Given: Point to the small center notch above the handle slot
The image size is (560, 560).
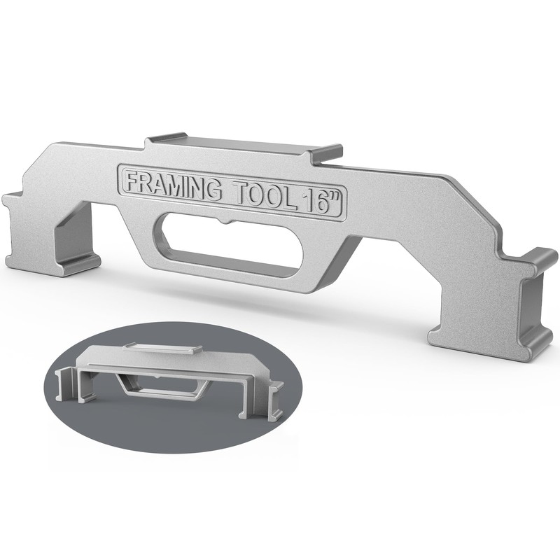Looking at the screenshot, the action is (x=225, y=223).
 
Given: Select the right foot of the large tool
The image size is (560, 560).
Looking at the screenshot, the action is (x=493, y=314).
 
